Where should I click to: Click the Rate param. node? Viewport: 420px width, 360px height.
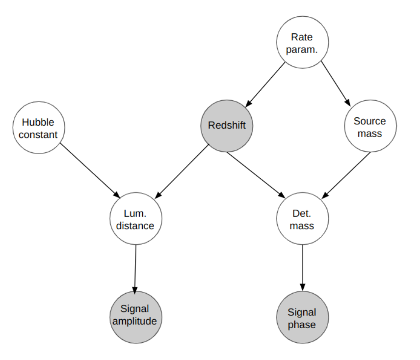(302, 42)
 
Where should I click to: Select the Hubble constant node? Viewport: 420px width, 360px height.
(39, 128)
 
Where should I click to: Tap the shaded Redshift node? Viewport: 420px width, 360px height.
(227, 126)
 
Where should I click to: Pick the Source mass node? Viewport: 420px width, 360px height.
(370, 126)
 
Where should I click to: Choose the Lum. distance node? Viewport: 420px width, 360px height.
(136, 219)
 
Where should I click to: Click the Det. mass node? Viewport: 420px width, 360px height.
(302, 219)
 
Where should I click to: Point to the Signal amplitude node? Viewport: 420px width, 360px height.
(136, 317)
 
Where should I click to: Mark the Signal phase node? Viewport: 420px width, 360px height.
(302, 317)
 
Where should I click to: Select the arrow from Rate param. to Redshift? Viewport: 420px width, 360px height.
(265, 84)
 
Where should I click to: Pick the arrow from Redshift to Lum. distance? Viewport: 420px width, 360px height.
(182, 171)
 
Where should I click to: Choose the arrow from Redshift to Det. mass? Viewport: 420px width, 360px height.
(256, 175)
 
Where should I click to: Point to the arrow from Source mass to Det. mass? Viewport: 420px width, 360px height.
(346, 175)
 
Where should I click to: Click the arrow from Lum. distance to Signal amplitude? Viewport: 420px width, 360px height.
(135, 270)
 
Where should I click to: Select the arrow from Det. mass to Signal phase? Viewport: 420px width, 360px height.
(303, 268)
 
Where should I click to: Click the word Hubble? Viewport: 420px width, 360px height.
(38, 122)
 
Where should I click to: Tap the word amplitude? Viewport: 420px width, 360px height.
(134, 321)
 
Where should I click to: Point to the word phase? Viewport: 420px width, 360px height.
(302, 325)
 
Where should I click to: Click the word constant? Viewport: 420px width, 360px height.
(38, 135)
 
